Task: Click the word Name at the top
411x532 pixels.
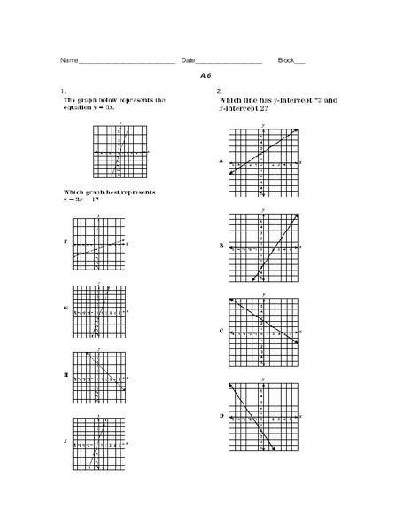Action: (x=69, y=60)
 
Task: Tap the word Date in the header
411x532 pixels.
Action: (x=189, y=60)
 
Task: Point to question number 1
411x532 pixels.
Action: (x=62, y=91)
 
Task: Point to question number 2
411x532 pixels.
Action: (x=219, y=91)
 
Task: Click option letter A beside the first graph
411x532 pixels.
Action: (x=221, y=161)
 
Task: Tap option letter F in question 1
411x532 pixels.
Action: (x=65, y=242)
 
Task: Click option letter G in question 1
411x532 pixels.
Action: (x=65, y=309)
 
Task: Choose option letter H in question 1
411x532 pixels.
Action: (x=65, y=375)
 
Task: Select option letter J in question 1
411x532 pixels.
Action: (x=65, y=441)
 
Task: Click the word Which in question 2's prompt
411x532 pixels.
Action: (x=229, y=101)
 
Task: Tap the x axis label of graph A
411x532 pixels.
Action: (x=301, y=162)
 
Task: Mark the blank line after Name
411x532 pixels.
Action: (x=127, y=62)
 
